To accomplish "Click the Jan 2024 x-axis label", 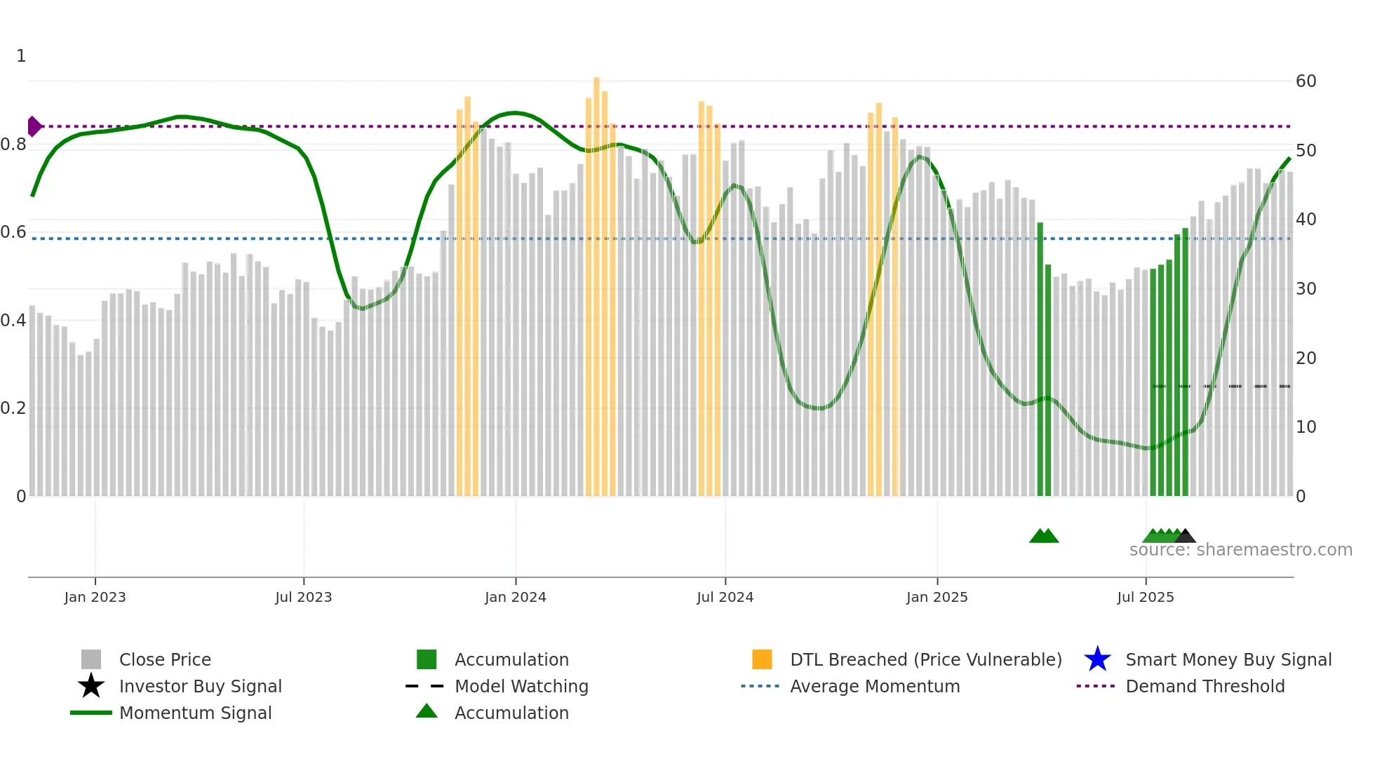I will [x=515, y=598].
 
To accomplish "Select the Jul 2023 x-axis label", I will [x=303, y=598].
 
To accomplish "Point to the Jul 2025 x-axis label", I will [x=1145, y=598].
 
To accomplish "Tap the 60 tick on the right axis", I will [x=1306, y=81].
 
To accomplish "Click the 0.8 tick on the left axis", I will [x=13, y=145].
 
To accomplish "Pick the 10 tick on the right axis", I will [x=1306, y=427].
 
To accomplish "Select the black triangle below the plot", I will [x=1185, y=537].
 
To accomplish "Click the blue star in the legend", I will [x=1097, y=659].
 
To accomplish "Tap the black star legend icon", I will [x=91, y=686].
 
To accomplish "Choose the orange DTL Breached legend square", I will [x=762, y=659].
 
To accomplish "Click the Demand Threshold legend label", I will [x=1205, y=686].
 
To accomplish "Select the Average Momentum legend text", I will [x=874, y=686].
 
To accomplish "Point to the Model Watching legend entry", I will [x=521, y=686].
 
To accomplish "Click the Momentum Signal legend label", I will [x=195, y=713].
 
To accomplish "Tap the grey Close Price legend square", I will [x=91, y=659].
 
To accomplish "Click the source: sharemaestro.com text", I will [x=1240, y=550].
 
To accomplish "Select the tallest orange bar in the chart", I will [x=596, y=281].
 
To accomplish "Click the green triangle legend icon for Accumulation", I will [x=427, y=711].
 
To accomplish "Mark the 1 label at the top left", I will [x=21, y=56].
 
